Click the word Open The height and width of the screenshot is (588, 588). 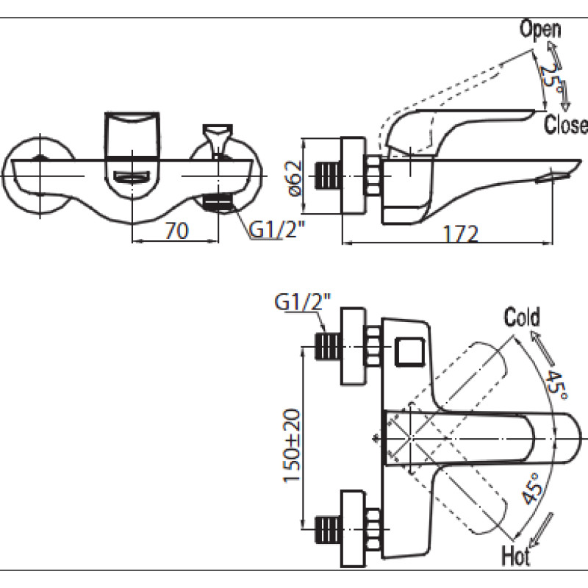(x=540, y=29)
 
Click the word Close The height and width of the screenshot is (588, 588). (x=565, y=124)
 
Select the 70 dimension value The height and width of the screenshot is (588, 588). (x=176, y=231)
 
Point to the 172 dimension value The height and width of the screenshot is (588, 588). (x=461, y=234)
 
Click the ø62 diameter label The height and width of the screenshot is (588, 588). (x=295, y=178)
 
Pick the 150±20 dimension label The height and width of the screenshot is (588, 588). (x=291, y=445)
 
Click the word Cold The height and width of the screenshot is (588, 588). (x=522, y=317)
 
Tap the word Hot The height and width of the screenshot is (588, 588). (x=516, y=556)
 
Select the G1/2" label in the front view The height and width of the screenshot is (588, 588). (x=277, y=229)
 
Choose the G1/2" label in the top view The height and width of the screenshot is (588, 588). (x=303, y=302)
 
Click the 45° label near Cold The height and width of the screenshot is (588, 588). (x=556, y=384)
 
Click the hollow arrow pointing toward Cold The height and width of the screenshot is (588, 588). (x=543, y=349)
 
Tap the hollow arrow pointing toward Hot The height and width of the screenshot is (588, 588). (x=540, y=529)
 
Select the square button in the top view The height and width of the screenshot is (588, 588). (x=410, y=351)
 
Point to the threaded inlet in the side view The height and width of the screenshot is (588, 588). (x=327, y=176)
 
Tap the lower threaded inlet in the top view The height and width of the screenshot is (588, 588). (x=327, y=529)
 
